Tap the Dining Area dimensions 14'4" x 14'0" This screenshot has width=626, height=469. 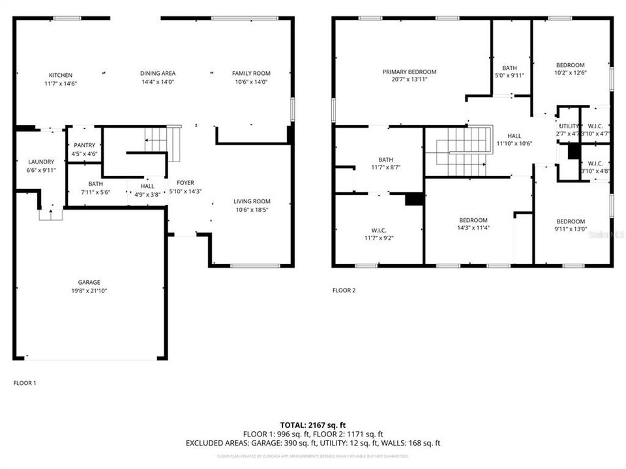[158, 82]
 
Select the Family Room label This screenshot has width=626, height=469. [251, 73]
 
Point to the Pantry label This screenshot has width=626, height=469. [85, 145]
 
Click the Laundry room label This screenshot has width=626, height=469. [41, 162]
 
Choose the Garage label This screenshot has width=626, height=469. [89, 282]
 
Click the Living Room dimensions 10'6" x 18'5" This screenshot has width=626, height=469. [252, 210]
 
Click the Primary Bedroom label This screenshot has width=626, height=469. [410, 72]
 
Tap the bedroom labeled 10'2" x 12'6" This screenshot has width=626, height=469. [570, 68]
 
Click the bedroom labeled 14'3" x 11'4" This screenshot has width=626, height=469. [473, 224]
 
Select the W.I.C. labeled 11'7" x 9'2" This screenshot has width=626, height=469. [379, 234]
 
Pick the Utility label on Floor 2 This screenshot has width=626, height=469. [569, 126]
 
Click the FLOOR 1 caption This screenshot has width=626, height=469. [25, 383]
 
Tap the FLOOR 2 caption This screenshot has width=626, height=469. [344, 291]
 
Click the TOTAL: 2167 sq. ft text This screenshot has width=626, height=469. [312, 425]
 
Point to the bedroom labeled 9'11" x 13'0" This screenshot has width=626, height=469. [570, 225]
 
